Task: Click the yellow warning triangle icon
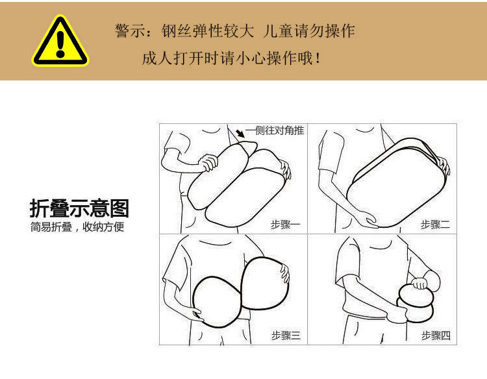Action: click(x=60, y=42)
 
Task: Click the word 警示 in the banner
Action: click(x=129, y=31)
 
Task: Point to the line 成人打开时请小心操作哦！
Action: click(x=232, y=58)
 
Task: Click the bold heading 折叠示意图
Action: click(x=79, y=208)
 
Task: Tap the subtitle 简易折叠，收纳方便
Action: click(x=77, y=227)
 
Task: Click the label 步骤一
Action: click(x=285, y=225)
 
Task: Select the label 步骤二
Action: click(x=434, y=225)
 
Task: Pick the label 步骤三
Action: click(x=285, y=336)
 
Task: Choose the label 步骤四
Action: click(x=435, y=336)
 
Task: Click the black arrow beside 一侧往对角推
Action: click(x=240, y=134)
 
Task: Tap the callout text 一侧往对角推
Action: click(x=275, y=130)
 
